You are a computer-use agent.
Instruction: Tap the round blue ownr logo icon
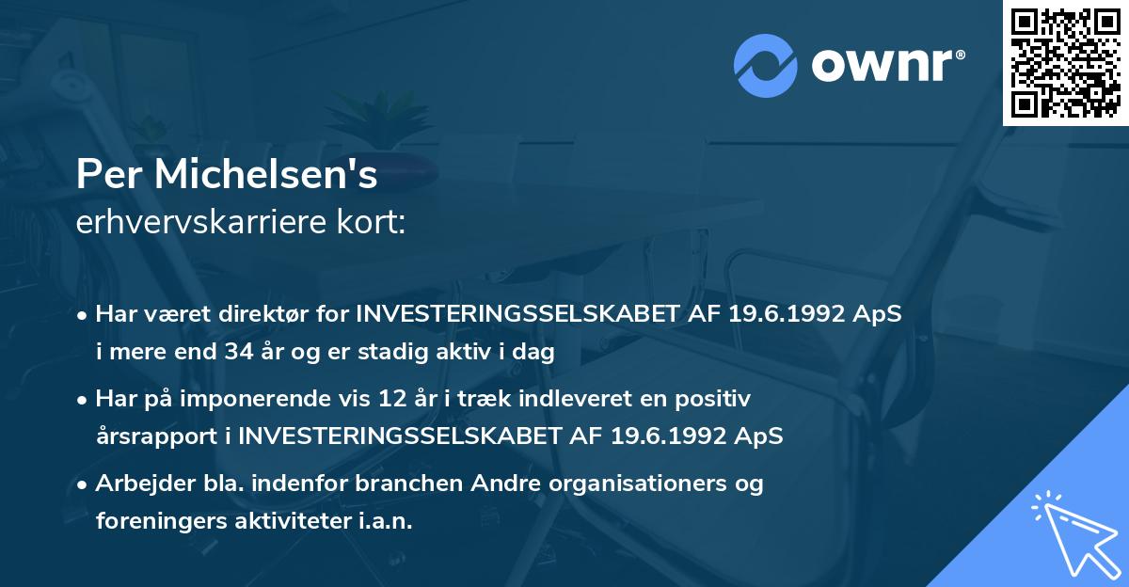click(766, 65)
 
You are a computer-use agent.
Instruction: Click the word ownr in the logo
click(885, 66)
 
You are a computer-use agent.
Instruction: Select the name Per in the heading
click(106, 175)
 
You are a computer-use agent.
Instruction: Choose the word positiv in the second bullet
click(717, 399)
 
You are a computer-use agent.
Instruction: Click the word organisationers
click(625, 484)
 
